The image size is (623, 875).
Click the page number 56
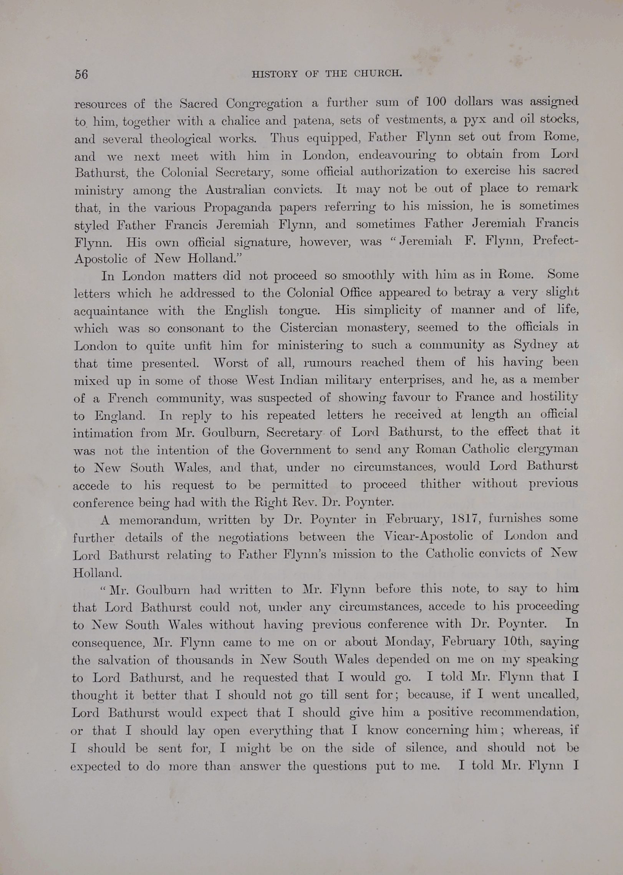pyautogui.click(x=81, y=74)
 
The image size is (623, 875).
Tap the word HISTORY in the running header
pyautogui.click(x=274, y=74)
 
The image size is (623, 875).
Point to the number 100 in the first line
pyautogui.click(x=436, y=102)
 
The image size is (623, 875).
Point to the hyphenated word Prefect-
pyautogui.click(x=555, y=241)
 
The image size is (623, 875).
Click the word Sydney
pyautogui.click(x=535, y=345)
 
